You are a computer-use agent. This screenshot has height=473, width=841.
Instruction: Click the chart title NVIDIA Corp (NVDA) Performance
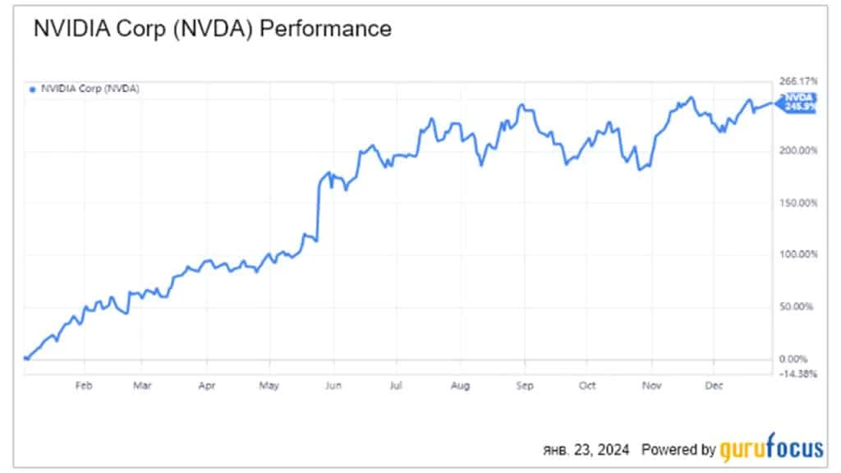212,30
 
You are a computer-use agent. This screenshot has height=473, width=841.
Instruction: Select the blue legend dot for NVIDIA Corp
32,89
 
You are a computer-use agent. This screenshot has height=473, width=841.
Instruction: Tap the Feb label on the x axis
82,384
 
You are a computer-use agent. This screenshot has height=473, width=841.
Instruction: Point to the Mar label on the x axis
142,384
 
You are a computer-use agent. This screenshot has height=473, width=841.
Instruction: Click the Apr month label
207,384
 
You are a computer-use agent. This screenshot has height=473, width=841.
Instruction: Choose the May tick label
269,384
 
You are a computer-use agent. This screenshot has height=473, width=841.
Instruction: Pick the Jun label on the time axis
333,384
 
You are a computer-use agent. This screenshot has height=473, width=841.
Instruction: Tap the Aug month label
461,384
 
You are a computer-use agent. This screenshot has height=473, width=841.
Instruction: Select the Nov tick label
651,384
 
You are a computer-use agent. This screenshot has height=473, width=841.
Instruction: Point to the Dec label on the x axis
714,384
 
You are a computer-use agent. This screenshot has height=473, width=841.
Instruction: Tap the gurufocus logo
771,449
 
